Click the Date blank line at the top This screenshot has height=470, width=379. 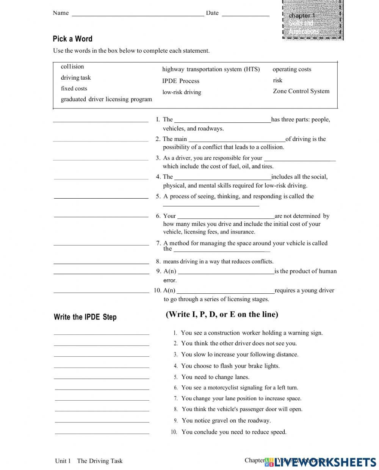tap(245, 16)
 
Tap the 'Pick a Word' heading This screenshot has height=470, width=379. tap(72, 39)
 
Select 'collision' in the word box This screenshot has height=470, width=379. tap(72, 67)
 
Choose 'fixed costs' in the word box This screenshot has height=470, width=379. tap(74, 89)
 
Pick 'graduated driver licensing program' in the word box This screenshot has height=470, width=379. tap(106, 99)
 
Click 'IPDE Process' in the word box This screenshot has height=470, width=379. tap(181, 81)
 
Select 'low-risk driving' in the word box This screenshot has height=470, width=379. tap(182, 92)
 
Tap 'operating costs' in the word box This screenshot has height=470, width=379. tap(292, 69)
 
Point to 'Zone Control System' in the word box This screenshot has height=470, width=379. tap(301, 91)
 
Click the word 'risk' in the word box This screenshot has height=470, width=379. tap(277, 80)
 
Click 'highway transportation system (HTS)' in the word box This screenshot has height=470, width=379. tap(211, 69)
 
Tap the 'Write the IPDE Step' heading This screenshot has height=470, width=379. tap(85, 317)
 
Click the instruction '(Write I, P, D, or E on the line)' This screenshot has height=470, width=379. tap(222, 314)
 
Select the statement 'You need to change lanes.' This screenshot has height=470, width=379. tap(215, 377)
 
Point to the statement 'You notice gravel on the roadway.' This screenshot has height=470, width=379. tap(226, 420)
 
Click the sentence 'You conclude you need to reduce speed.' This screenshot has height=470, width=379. tap(234, 432)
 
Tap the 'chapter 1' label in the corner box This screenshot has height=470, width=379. tap(302, 16)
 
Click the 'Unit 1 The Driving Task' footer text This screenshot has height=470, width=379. tap(89, 461)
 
